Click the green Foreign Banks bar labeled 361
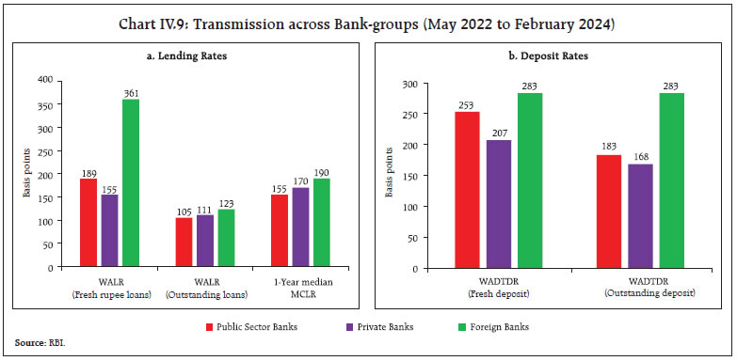(x=130, y=182)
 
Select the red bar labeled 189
(x=88, y=223)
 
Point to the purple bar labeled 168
(x=639, y=215)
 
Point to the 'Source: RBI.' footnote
(x=36, y=343)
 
